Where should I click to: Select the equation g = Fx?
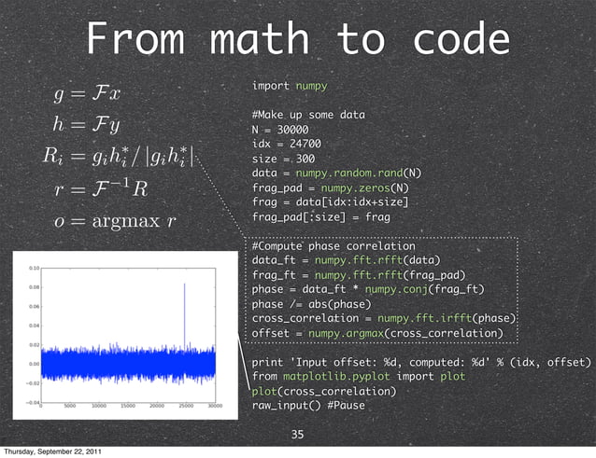coord(95,93)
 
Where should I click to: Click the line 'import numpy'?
coord(290,86)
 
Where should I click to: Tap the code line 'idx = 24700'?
coord(287,144)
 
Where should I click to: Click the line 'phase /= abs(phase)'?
coord(312,304)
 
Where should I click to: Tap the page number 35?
coord(298,435)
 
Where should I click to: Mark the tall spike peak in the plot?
coord(185,284)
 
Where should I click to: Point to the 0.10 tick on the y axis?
coord(34,267)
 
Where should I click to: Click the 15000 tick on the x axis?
coord(129,406)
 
